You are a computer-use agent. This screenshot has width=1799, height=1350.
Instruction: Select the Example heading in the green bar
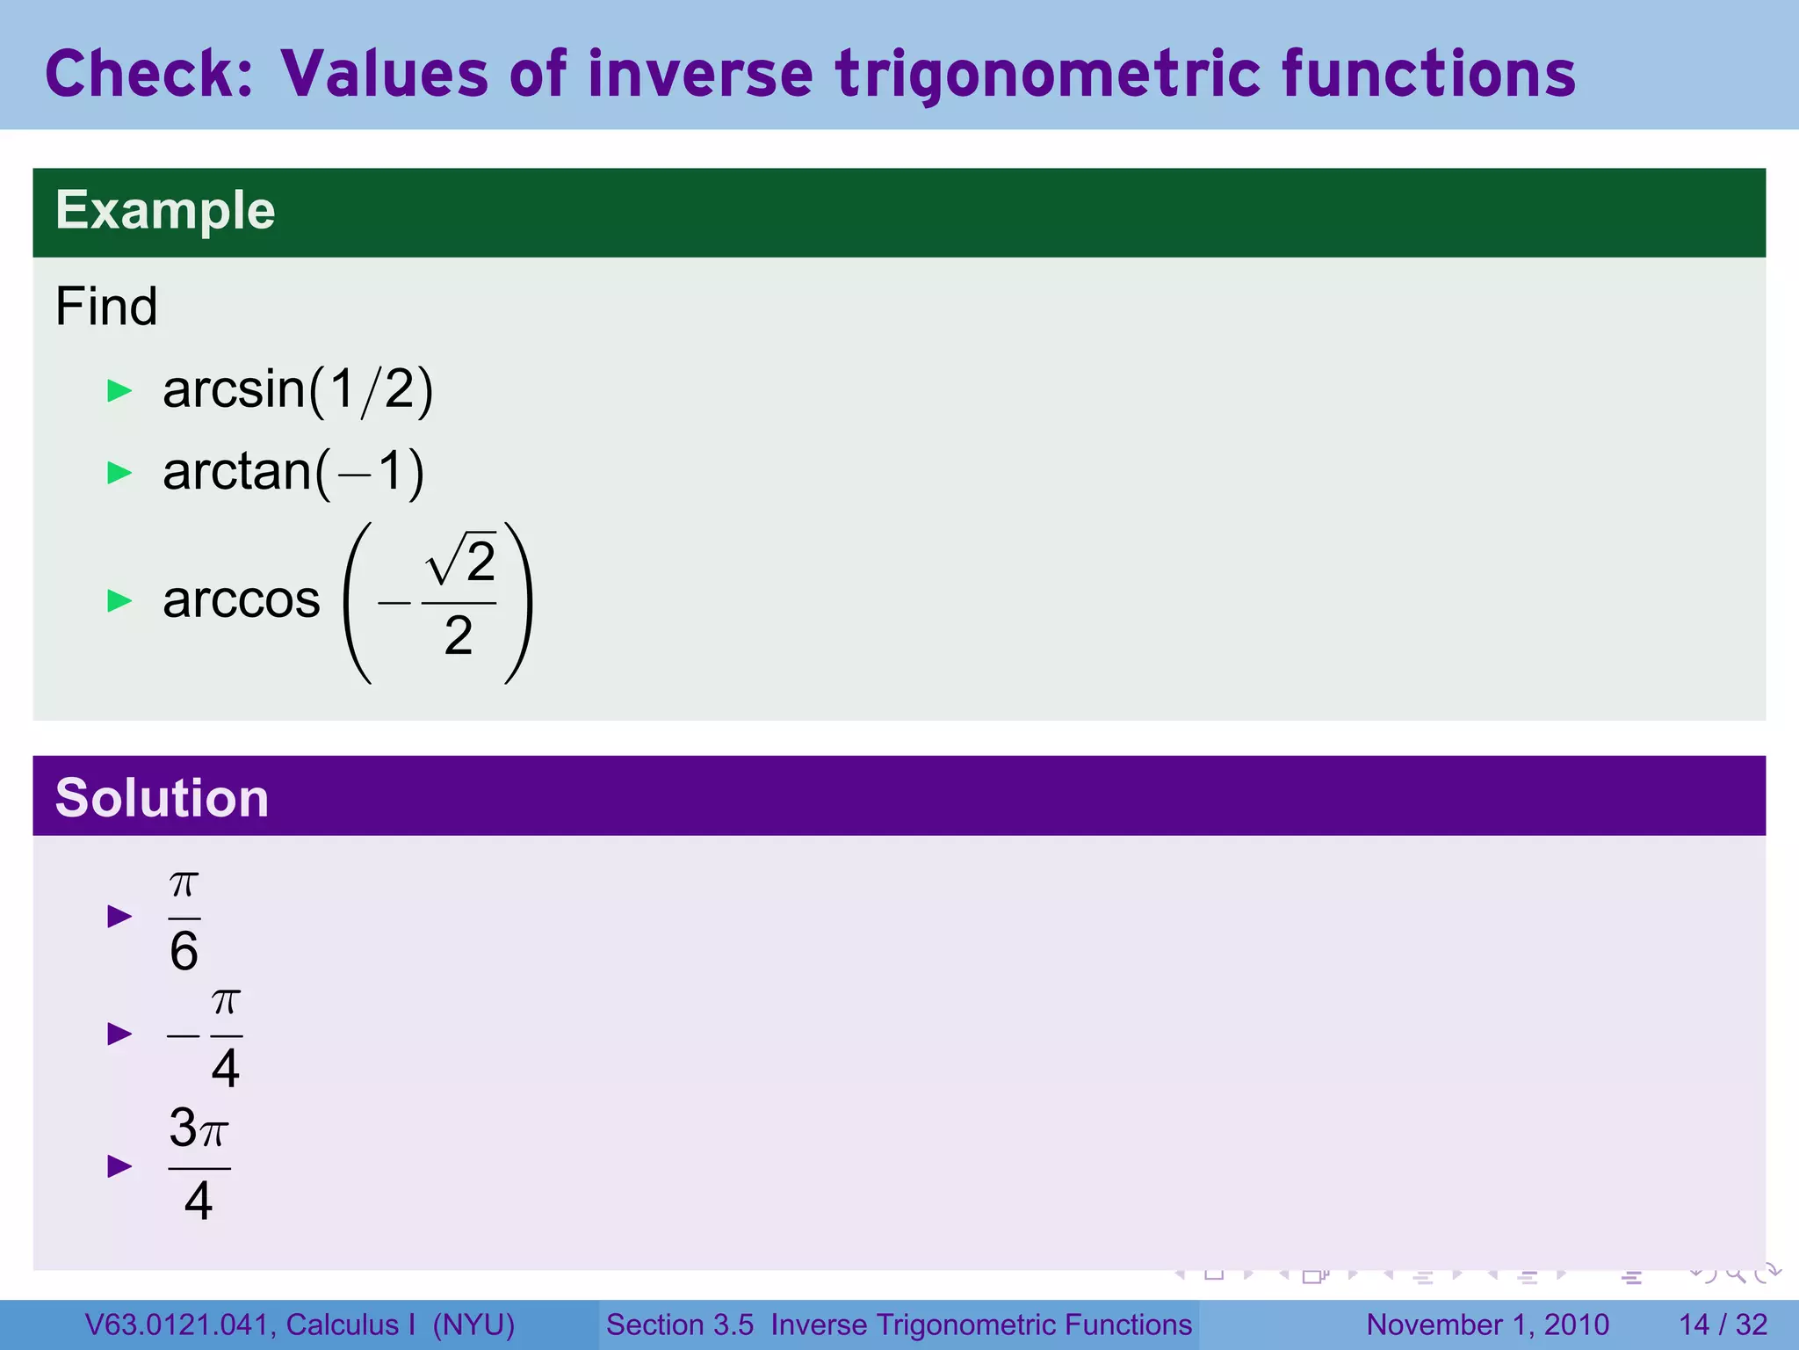(x=165, y=211)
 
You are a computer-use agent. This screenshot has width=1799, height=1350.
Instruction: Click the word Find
(x=106, y=307)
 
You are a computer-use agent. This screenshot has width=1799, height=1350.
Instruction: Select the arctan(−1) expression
(x=293, y=472)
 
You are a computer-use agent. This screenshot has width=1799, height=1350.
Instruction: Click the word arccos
(x=242, y=600)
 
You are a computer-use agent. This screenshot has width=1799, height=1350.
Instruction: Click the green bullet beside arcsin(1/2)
(x=119, y=390)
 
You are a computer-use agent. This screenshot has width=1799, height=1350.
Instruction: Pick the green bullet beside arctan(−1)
(x=119, y=473)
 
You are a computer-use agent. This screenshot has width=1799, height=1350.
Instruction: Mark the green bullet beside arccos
(x=119, y=601)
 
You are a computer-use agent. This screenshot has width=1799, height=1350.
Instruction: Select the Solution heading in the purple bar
(x=162, y=798)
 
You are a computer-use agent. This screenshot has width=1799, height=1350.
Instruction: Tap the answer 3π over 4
(x=199, y=1164)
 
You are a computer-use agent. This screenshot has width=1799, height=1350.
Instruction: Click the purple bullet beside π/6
(x=119, y=917)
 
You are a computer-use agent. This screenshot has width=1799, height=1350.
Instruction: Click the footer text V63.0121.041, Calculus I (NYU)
(x=300, y=1325)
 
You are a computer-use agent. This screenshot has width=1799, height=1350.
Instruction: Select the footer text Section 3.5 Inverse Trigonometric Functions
(x=899, y=1325)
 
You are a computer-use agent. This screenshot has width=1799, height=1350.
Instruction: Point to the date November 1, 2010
(x=1487, y=1325)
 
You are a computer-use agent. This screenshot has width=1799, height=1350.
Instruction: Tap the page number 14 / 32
(x=1723, y=1325)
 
